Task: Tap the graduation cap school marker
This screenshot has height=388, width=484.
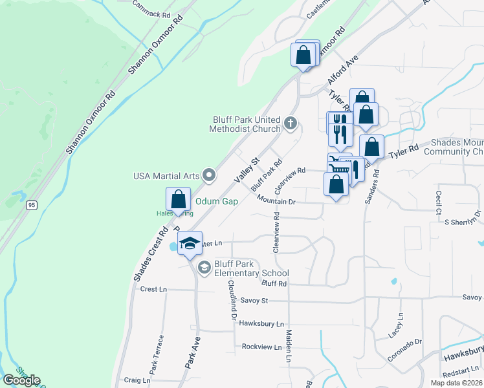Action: point(190,243)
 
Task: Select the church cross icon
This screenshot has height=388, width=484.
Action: point(291,122)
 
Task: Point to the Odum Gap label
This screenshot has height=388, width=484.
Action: point(217,201)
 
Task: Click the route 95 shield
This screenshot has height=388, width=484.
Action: point(30,205)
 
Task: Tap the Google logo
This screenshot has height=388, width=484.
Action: point(21,380)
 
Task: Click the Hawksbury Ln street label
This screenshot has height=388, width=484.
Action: point(261,323)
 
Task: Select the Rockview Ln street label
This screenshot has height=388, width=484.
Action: point(261,347)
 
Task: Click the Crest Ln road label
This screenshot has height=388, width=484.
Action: point(153,289)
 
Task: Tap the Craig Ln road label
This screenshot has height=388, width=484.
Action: point(137,381)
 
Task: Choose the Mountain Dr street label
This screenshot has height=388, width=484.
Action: point(276,202)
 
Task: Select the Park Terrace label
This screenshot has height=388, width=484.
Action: point(155,354)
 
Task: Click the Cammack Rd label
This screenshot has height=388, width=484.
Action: point(151,8)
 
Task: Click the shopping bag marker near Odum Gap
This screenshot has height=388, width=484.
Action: point(179,199)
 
